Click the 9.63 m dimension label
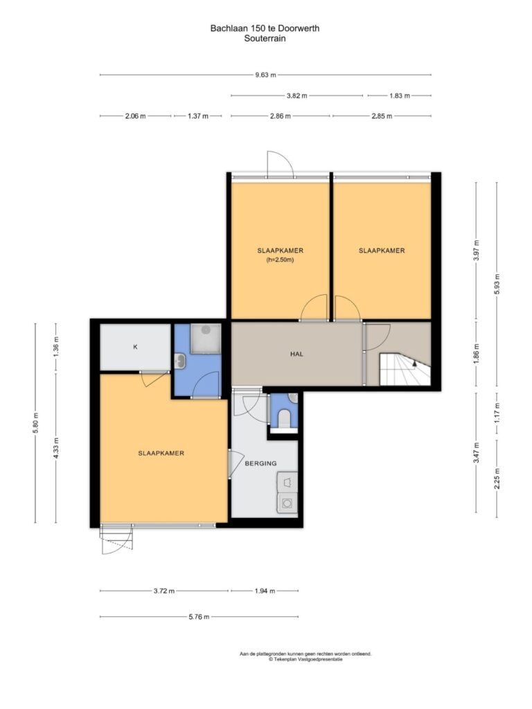pyautogui.click(x=265, y=75)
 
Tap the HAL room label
pyautogui.click(x=296, y=354)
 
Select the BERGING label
pyautogui.click(x=260, y=463)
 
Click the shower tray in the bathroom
pyautogui.click(x=206, y=338)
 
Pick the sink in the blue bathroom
pyautogui.click(x=180, y=361)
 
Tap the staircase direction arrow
pyautogui.click(x=415, y=361)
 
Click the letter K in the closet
pyautogui.click(x=135, y=348)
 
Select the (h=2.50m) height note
pyautogui.click(x=280, y=260)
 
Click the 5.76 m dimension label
pyautogui.click(x=199, y=616)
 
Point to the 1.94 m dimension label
pyautogui.click(x=265, y=591)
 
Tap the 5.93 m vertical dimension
pyautogui.click(x=497, y=285)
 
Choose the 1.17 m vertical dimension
pyautogui.click(x=497, y=411)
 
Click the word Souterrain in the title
pyautogui.click(x=265, y=39)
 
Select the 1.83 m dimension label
pyautogui.click(x=400, y=96)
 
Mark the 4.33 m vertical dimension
pyautogui.click(x=56, y=448)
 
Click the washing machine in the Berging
pyautogui.click(x=287, y=503)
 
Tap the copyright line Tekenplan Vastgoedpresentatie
pyautogui.click(x=305, y=659)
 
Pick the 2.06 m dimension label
pyautogui.click(x=135, y=116)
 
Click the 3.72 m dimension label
pyautogui.click(x=163, y=591)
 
